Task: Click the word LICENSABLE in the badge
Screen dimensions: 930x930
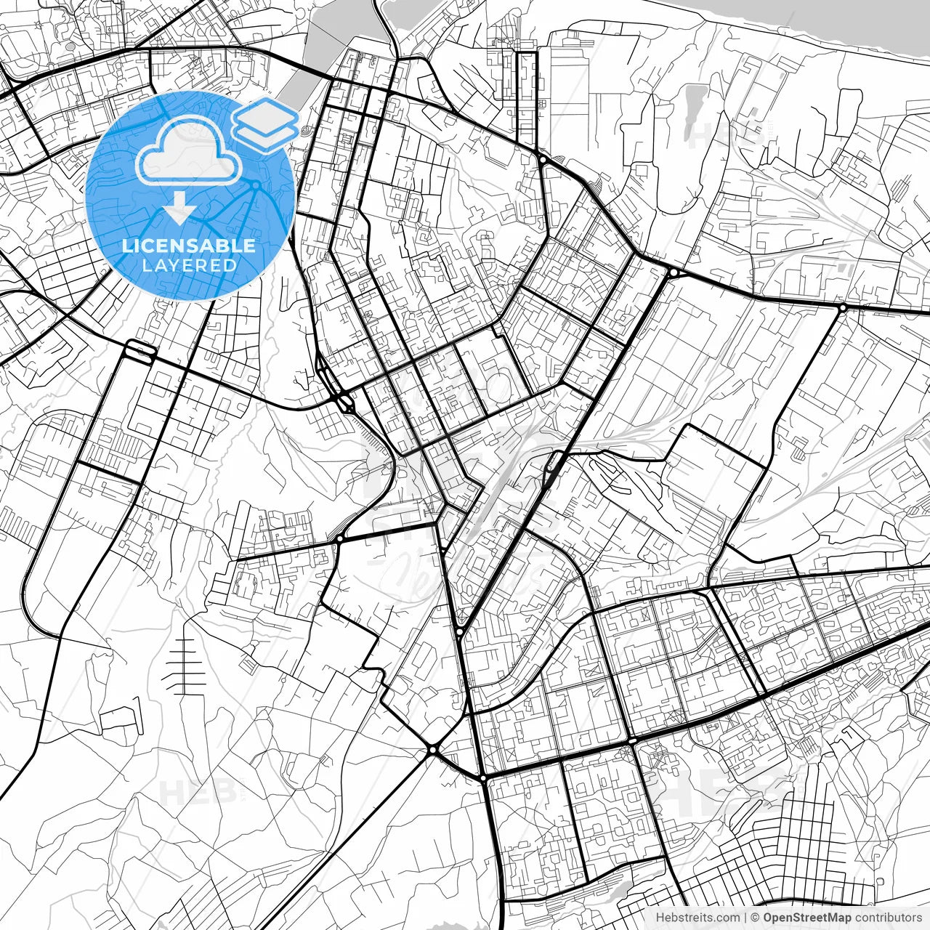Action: coord(189,246)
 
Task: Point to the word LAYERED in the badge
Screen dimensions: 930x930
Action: coord(189,266)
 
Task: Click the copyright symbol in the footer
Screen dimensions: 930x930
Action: coord(755,918)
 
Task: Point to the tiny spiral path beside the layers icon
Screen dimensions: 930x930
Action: coord(304,132)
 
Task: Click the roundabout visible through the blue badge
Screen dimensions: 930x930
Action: coord(256,186)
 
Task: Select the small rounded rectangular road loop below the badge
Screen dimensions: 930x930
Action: coord(140,350)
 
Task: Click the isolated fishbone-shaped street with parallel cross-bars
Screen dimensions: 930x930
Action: coord(184,667)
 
